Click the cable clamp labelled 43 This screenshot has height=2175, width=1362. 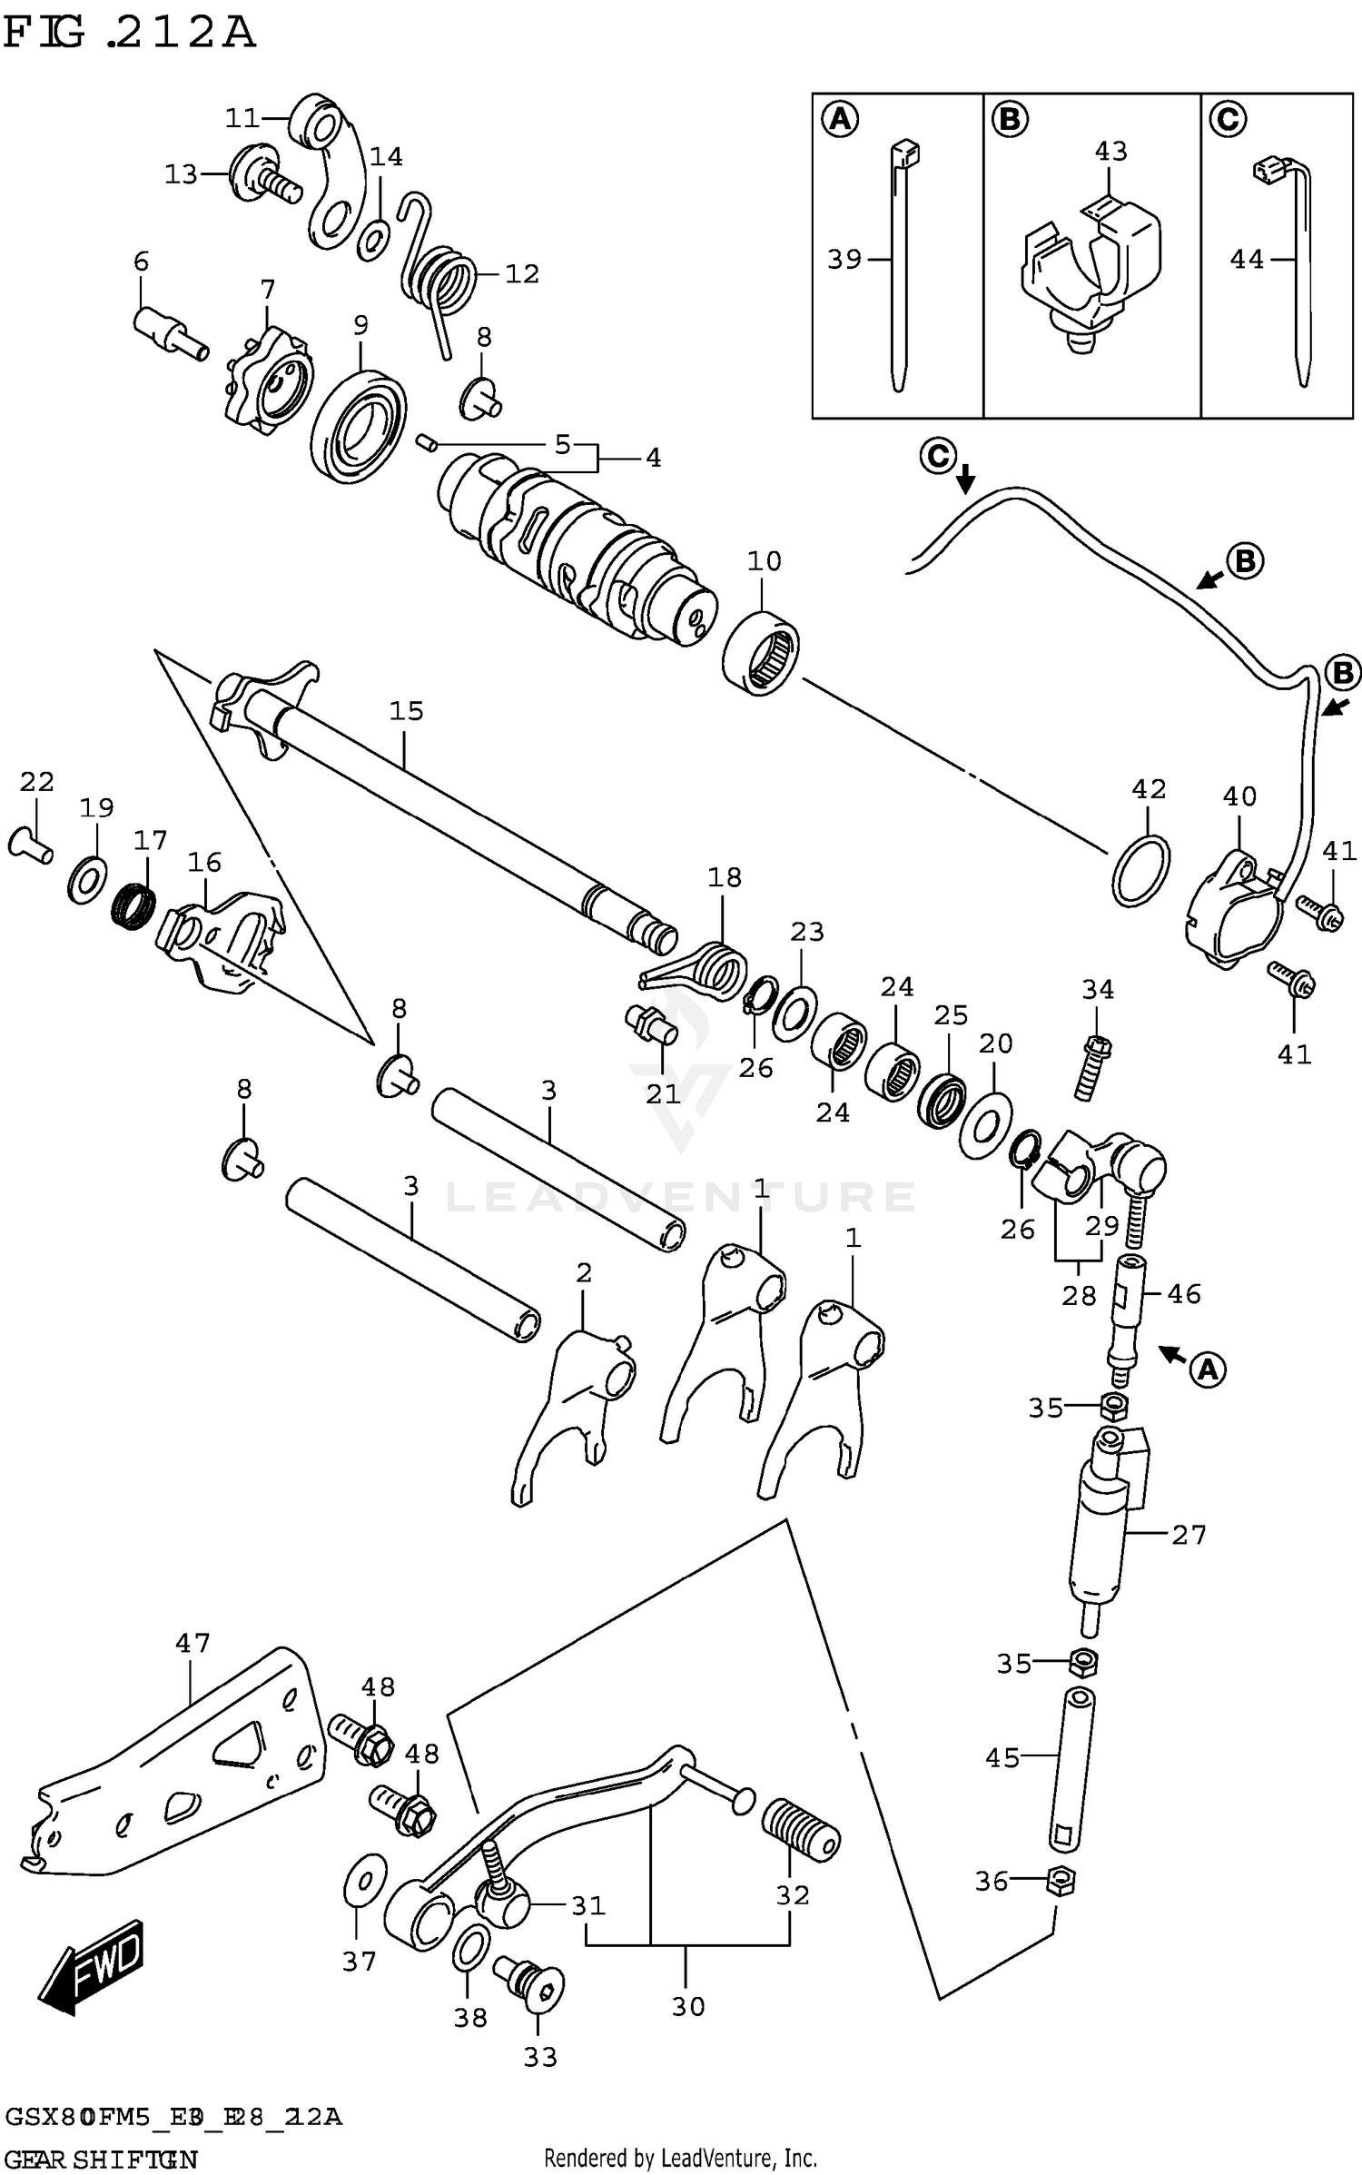[x=1090, y=268]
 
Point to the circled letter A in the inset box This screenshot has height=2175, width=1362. [x=840, y=119]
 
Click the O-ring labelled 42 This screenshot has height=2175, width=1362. [x=1140, y=870]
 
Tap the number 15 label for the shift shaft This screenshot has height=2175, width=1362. [x=406, y=710]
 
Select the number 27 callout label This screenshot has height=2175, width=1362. [x=1189, y=1535]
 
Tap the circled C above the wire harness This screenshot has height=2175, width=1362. [x=938, y=455]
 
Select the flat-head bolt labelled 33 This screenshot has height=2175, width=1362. [x=530, y=1974]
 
